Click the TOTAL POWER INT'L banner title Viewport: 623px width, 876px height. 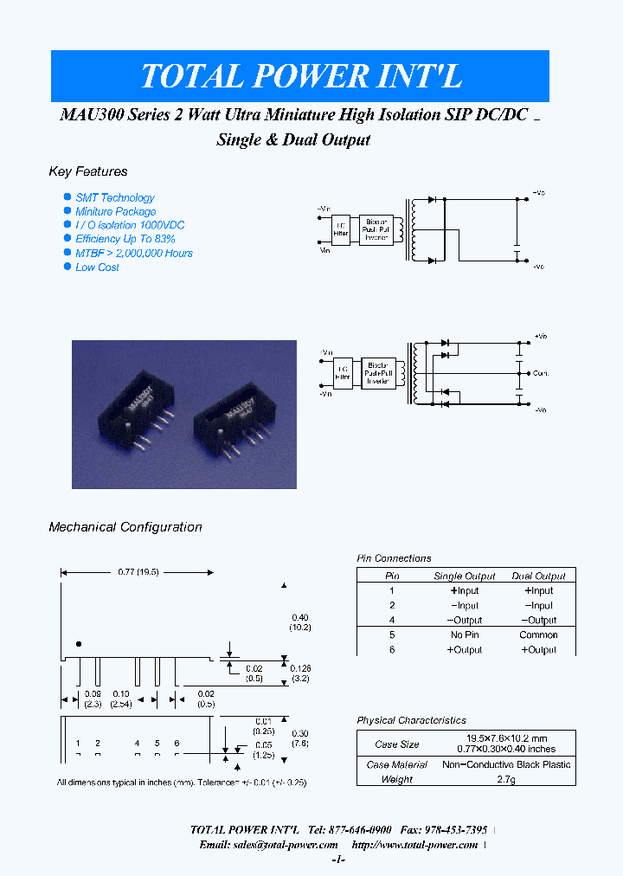[x=300, y=76]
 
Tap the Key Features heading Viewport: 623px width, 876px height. [x=88, y=171]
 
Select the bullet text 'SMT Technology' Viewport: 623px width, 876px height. [x=115, y=197]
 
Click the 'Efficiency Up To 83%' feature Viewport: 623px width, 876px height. [x=125, y=239]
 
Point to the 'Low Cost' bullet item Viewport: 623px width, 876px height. [x=97, y=267]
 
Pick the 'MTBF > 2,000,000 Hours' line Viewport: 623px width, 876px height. [x=134, y=254]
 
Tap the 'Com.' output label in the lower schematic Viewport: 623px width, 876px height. [x=541, y=373]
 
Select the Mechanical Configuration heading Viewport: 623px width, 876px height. [x=125, y=526]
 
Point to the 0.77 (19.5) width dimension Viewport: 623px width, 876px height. [x=137, y=572]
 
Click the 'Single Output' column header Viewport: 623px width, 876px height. [x=465, y=576]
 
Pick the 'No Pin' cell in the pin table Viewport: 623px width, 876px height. [x=465, y=634]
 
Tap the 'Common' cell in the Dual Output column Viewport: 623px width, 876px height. [x=538, y=634]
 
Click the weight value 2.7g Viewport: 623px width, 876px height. [x=507, y=779]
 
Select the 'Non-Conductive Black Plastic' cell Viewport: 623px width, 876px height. [x=507, y=764]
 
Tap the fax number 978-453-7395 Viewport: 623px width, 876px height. [x=458, y=829]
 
